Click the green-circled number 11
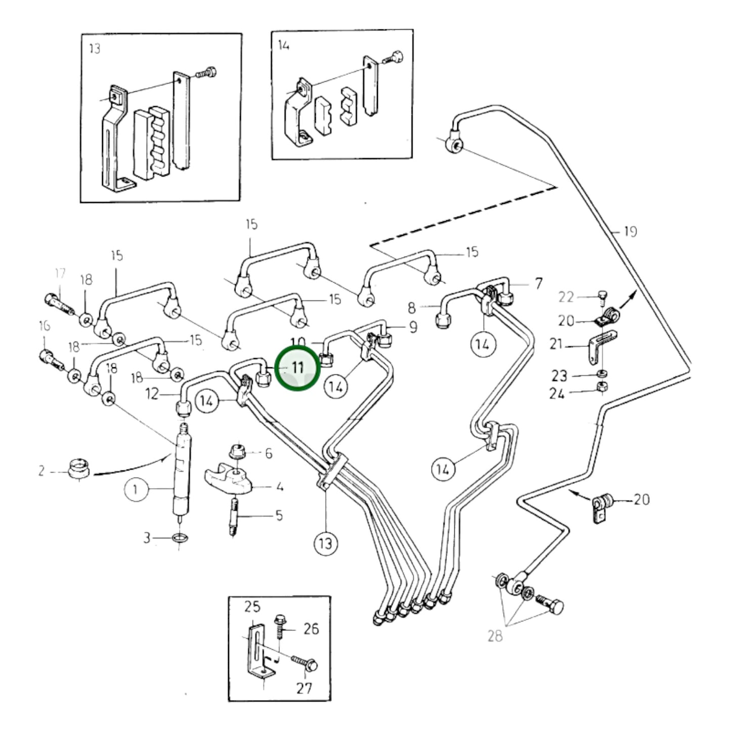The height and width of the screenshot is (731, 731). coord(297,368)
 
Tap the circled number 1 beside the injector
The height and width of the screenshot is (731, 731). coord(135,489)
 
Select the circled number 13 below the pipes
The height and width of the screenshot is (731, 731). coord(325,543)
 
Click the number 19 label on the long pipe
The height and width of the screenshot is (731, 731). coord(630,232)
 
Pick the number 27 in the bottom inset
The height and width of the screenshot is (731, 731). coord(304,688)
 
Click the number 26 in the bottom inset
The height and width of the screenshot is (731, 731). coord(311,629)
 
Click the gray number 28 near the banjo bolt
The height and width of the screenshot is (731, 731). coord(495,635)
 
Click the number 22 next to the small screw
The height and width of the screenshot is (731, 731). coord(567,297)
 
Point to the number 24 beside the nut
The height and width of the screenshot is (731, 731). coord(557,393)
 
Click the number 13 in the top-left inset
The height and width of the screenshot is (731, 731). coord(95,49)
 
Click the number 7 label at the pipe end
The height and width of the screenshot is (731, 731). coord(538,283)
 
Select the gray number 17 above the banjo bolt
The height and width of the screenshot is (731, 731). coord(60,274)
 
